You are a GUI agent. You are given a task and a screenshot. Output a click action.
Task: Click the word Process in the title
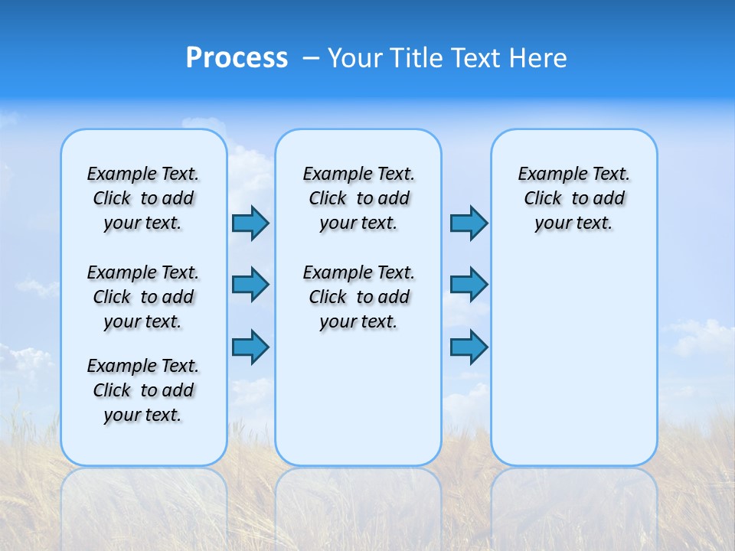[x=237, y=58]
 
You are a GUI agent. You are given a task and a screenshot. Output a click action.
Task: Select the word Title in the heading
[x=416, y=58]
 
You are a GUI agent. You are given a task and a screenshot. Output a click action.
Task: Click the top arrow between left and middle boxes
[x=250, y=223]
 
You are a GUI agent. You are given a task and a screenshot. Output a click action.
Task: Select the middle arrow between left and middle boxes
[x=250, y=285]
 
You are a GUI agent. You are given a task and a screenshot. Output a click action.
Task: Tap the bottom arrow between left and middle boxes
[x=250, y=347]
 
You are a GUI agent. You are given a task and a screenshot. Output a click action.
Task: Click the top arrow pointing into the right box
[x=469, y=223]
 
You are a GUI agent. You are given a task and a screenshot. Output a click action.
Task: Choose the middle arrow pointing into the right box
[x=469, y=285]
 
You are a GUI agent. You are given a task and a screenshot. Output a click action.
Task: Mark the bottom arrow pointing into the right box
[x=469, y=347]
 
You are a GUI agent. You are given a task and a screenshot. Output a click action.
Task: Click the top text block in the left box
[x=143, y=198]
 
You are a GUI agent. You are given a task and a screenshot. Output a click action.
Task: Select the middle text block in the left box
[x=143, y=297]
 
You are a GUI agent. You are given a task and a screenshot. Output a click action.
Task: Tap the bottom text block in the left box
[x=143, y=390]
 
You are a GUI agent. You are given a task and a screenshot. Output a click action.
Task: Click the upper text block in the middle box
[x=358, y=198]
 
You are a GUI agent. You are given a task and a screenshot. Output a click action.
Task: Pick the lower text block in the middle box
[x=358, y=297]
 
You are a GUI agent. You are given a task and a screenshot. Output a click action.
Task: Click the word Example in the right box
[x=547, y=174]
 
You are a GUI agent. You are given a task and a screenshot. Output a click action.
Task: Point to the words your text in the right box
[x=573, y=223]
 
